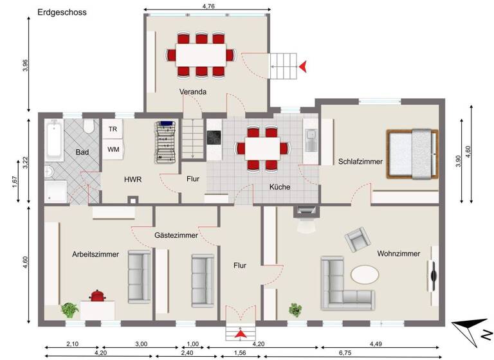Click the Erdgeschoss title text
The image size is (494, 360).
(62, 12)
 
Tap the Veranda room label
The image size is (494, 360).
(193, 92)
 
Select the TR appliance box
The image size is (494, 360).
(113, 129)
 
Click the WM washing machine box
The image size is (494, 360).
(113, 149)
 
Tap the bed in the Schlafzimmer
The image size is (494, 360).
(413, 155)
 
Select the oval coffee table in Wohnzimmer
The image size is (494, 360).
(364, 274)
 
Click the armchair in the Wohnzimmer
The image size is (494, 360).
(358, 241)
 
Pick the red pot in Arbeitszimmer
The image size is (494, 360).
(98, 296)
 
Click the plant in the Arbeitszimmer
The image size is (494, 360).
(69, 310)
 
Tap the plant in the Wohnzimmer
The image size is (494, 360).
(295, 310)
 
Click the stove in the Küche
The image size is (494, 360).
(214, 137)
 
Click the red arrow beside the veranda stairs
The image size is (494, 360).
(303, 66)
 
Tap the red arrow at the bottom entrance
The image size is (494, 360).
(240, 333)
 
